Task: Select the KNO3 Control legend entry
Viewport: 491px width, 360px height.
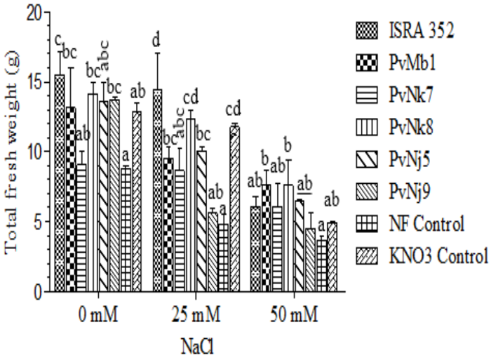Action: pyautogui.click(x=435, y=256)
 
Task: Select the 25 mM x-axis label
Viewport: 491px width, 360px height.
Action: pyautogui.click(x=194, y=314)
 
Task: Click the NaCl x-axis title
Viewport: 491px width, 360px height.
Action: pyautogui.click(x=194, y=345)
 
